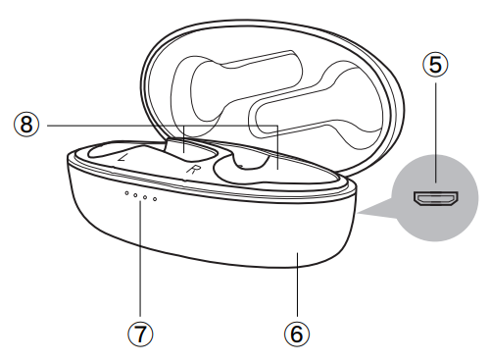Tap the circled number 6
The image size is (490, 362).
tap(296, 333)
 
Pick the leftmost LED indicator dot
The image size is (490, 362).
tap(124, 193)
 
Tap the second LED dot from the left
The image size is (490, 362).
tap(134, 196)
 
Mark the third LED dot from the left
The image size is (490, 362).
tap(145, 198)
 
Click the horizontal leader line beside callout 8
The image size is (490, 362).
tap(108, 125)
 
